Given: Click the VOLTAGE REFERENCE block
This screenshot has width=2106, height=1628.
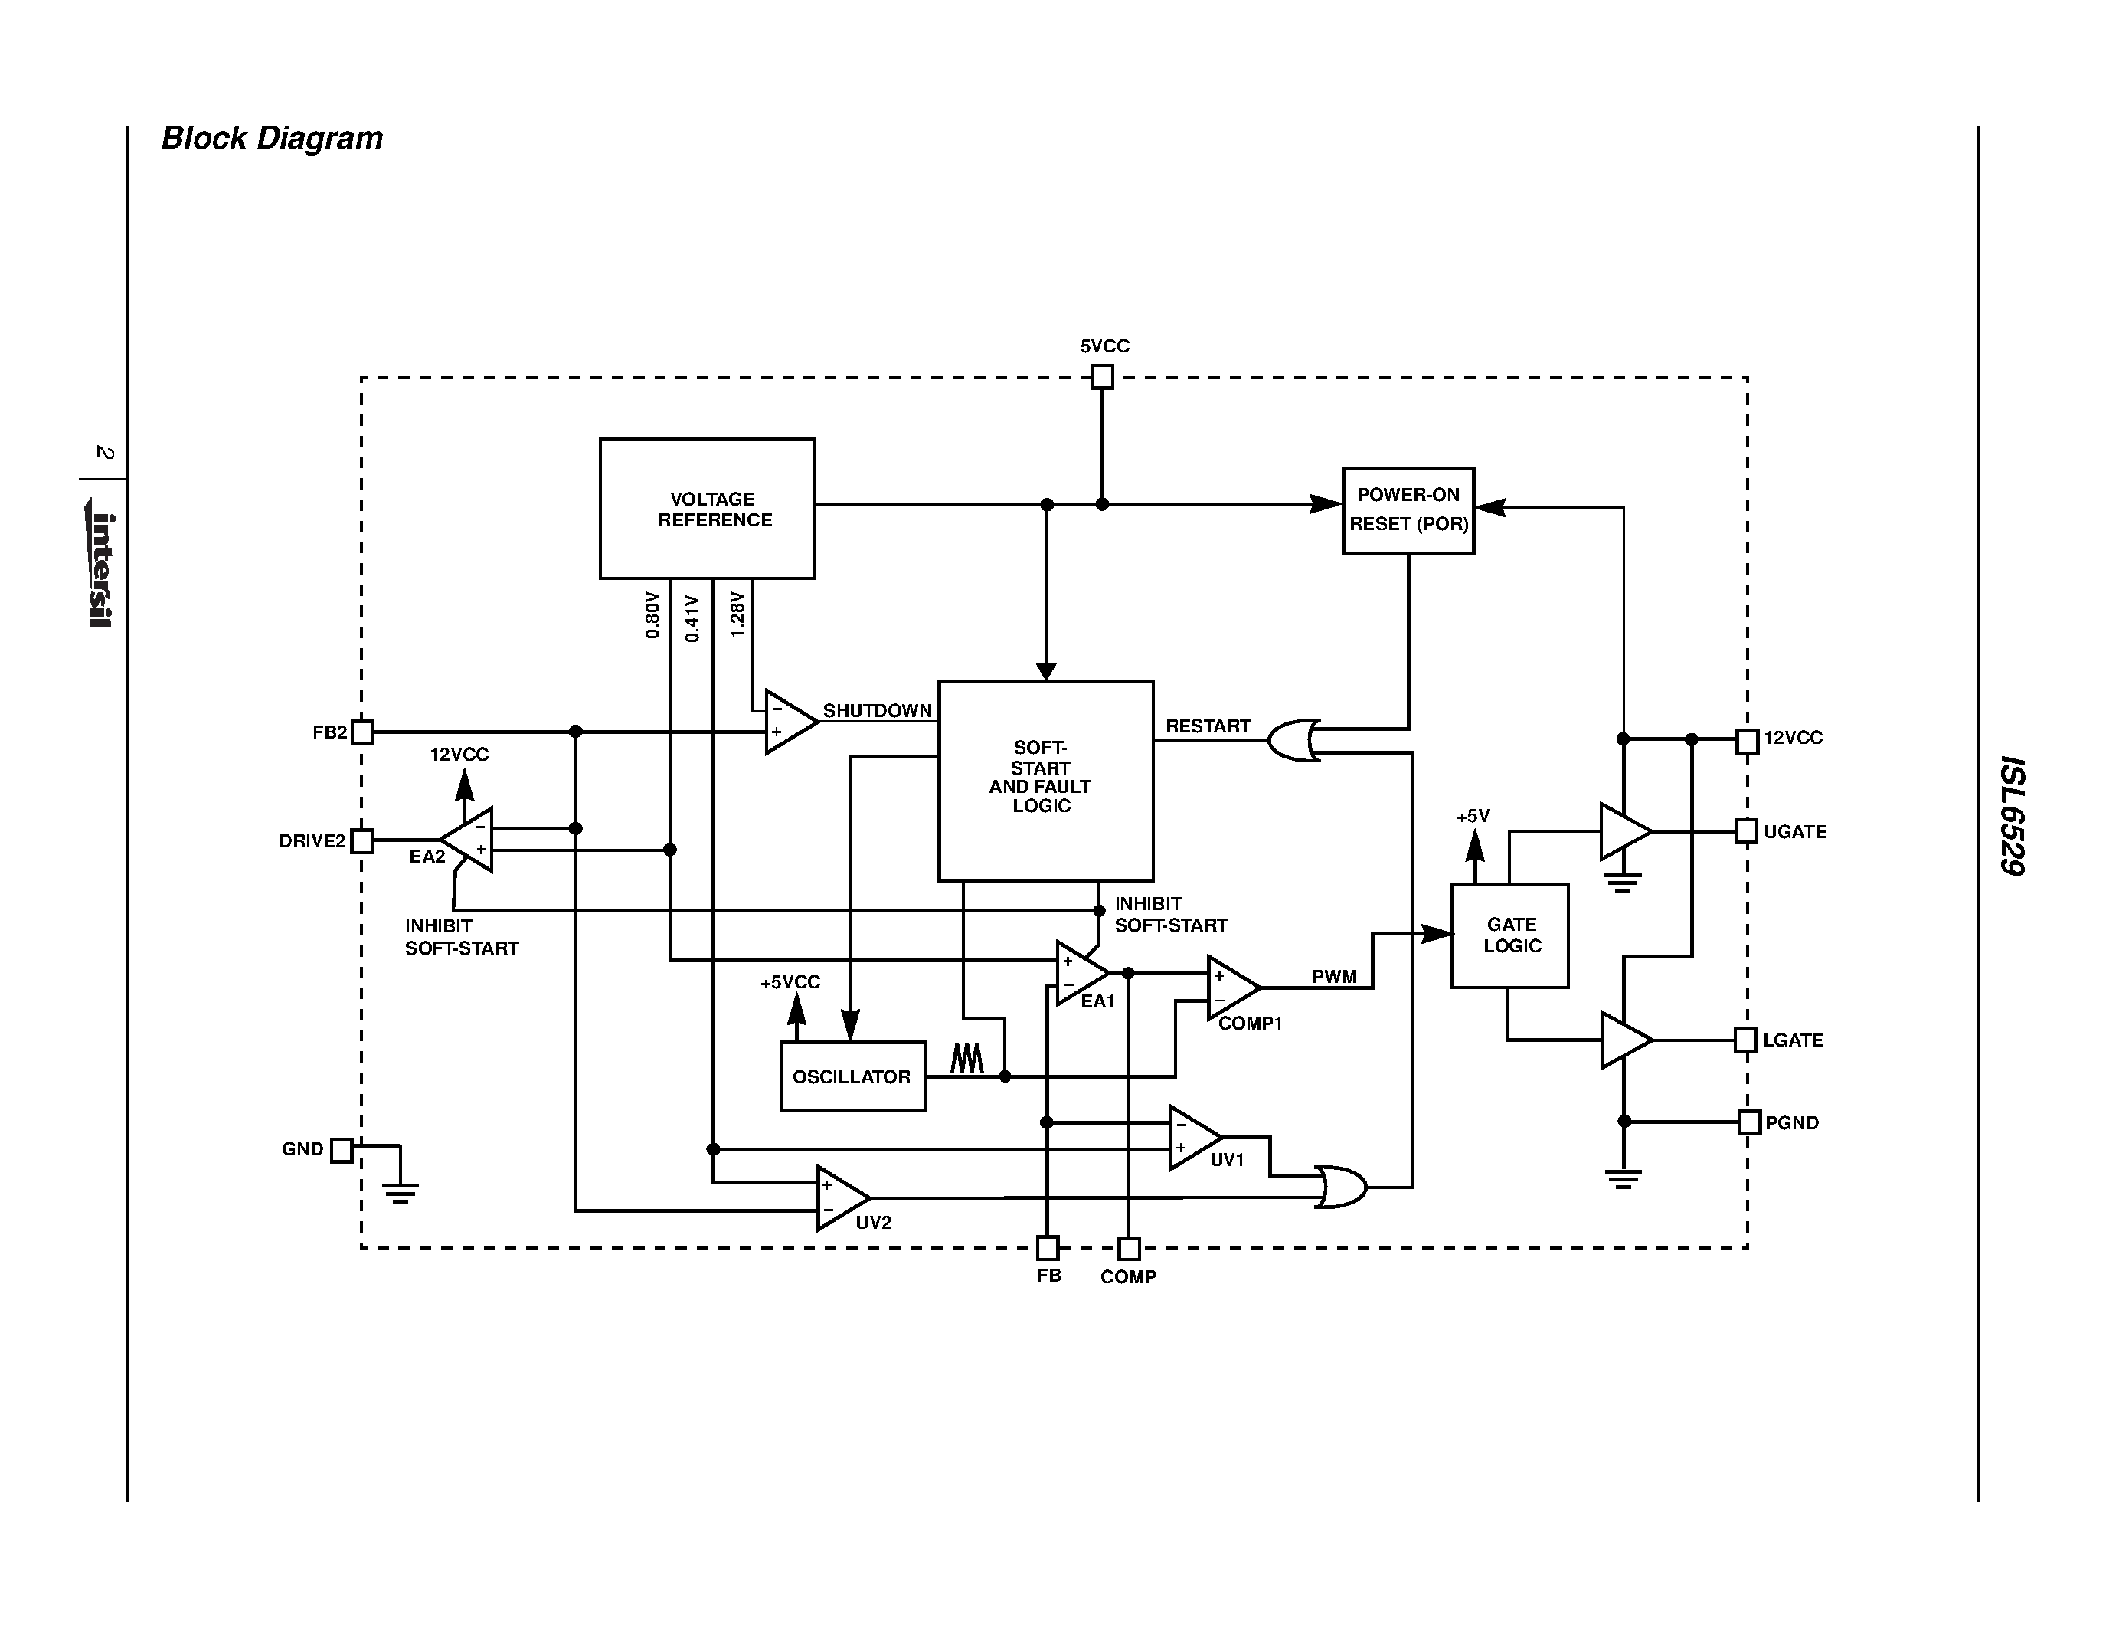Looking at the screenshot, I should pos(707,508).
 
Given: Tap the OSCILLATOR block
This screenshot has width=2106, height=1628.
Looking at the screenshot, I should pos(852,1076).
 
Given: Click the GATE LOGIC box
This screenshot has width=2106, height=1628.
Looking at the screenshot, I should pos(1509,935).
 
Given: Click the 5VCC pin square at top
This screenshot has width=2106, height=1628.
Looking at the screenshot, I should pos(1102,377).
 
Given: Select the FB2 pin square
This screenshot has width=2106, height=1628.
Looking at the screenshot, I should pos(361,732).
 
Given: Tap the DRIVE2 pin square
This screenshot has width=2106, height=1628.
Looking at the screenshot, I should pos(361,841).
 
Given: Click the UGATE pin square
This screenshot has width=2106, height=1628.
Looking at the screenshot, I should pos(1746,831).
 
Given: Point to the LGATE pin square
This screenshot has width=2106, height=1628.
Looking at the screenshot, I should pos(1745,1040).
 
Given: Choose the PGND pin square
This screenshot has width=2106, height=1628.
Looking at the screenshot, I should pos(1749,1122).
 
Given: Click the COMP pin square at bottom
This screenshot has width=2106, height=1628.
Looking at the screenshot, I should pos(1128,1249).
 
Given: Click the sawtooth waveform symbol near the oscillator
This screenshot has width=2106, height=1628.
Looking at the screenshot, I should pos(966,1058).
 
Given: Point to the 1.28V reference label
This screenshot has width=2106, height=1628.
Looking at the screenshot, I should pos(737,614).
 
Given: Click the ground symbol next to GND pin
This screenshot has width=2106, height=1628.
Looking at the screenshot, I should pos(401,1193).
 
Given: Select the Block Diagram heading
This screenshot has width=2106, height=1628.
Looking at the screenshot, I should pos(272,138).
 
